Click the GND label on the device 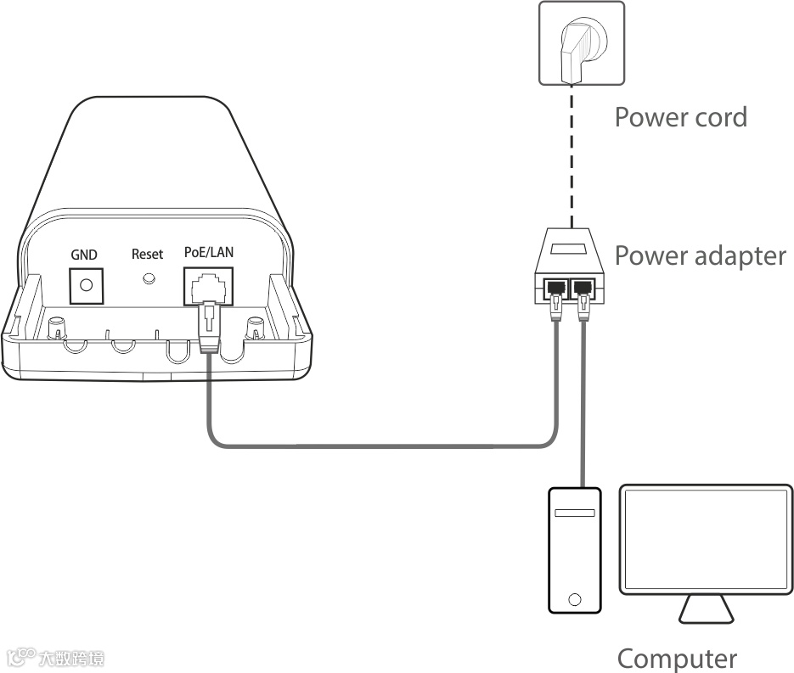[84, 255]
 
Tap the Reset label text [147, 254]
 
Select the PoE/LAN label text [209, 252]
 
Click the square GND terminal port [85, 285]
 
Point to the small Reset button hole [149, 278]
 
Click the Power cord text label [680, 116]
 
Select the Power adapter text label [700, 255]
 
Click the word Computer [677, 658]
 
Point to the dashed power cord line [572, 153]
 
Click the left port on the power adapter [556, 288]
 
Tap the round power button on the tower [575, 598]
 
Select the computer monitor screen [706, 539]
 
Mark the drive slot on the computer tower [575, 513]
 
